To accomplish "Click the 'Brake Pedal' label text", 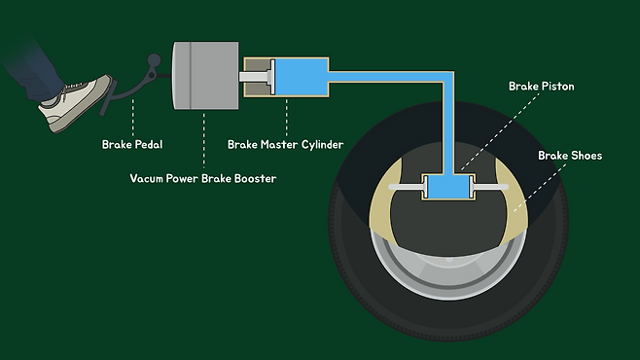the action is (x=132, y=145).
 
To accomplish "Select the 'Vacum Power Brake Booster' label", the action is (x=203, y=178).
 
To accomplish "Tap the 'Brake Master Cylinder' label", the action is (x=285, y=145).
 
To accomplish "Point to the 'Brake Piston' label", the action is (x=541, y=87).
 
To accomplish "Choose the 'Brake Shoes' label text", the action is (x=570, y=156).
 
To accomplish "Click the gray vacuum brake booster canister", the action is (x=205, y=76).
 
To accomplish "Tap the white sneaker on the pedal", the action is (x=76, y=103).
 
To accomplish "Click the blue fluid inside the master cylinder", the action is (x=302, y=77).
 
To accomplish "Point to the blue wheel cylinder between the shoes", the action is (x=448, y=187).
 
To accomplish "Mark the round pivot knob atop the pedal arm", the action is (x=154, y=60).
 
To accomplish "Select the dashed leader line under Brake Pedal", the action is (x=132, y=118).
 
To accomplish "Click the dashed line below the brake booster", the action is (x=203, y=140).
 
